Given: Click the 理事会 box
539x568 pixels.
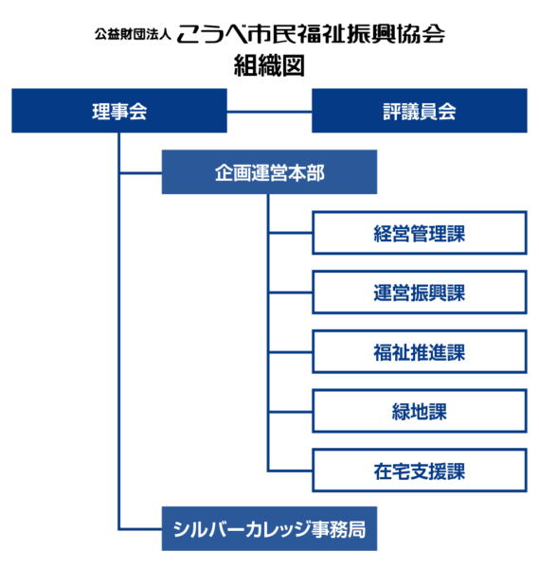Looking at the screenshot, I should click(118, 111).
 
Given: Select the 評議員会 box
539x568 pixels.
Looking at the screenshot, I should click(420, 111).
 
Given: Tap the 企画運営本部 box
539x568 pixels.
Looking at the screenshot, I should click(270, 172).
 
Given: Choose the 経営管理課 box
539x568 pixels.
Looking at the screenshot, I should click(420, 233).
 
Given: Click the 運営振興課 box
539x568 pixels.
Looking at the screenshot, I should click(420, 293).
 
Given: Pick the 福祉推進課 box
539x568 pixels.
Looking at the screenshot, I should click(420, 352).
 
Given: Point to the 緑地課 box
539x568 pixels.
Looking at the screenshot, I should click(420, 411).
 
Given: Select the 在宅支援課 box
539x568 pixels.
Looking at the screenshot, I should click(420, 470).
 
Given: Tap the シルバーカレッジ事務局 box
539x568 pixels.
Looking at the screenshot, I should click(270, 529).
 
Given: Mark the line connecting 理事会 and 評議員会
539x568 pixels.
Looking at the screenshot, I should click(269, 112).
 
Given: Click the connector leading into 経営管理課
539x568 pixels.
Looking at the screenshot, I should click(291, 233).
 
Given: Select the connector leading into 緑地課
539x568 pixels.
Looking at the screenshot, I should click(291, 411).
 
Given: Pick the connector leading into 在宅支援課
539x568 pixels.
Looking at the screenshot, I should click(291, 470).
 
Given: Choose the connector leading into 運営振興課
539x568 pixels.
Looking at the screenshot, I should click(291, 293).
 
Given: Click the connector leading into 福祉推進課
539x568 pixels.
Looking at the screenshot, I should click(291, 352).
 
